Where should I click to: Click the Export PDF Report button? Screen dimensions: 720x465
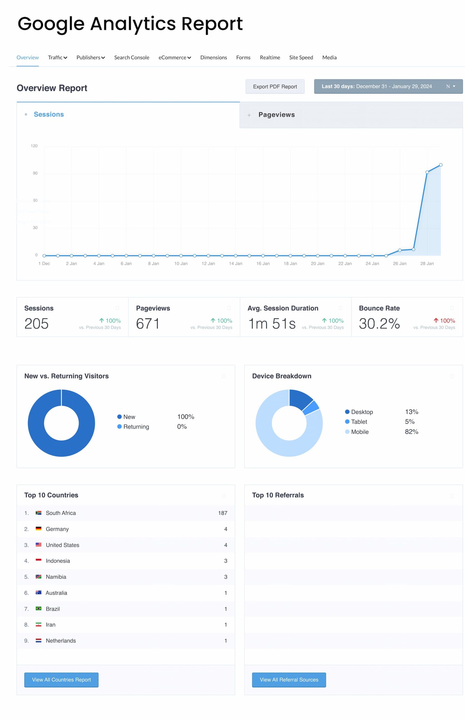coord(275,87)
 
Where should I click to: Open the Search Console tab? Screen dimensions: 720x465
coord(132,57)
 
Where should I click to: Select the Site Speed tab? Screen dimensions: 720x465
coord(301,57)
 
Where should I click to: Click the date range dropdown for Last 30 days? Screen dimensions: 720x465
coord(388,86)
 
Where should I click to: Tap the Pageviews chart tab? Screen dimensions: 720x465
coord(276,115)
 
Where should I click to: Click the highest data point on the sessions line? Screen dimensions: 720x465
coord(441,165)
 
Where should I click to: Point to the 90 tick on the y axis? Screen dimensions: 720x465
coord(35,173)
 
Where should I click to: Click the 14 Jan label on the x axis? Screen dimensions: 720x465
coord(235,264)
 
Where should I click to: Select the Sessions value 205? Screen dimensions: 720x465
coord(37,324)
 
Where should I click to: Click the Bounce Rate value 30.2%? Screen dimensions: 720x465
coord(379,324)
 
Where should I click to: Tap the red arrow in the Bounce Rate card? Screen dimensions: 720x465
coord(436,320)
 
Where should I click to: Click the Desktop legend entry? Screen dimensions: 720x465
coord(361,412)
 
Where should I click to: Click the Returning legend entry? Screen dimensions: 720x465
coord(136,427)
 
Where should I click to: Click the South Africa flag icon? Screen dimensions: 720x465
coord(38,513)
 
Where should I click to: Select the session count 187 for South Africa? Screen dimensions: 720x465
coord(223,513)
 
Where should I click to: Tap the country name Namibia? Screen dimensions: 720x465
coord(56,577)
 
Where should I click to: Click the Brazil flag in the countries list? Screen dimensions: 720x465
coord(38,608)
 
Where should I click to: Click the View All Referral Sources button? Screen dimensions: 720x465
coord(289,679)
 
